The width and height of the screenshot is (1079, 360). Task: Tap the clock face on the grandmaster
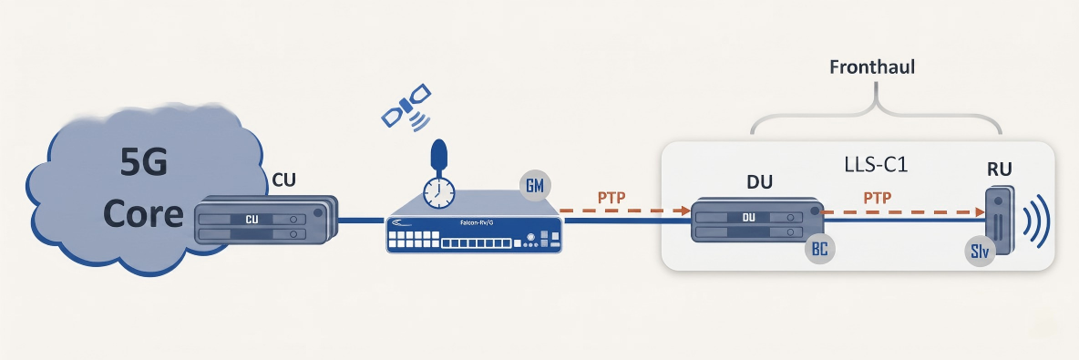pos(438,192)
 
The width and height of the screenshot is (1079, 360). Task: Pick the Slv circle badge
pos(981,252)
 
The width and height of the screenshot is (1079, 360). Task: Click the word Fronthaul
pos(872,67)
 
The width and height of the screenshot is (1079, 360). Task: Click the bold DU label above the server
pos(759,181)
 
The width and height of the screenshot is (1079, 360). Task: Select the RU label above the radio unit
pos(999,170)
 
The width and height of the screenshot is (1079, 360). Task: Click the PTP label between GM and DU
pos(611,198)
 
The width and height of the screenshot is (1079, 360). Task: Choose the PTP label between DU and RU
pos(878,198)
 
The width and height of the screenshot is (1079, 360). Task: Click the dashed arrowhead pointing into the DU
pos(685,211)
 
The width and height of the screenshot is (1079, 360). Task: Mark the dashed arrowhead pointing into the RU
pos(981,213)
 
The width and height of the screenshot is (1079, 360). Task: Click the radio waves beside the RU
pos(1035,221)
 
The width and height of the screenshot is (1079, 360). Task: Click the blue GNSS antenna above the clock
pos(438,156)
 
